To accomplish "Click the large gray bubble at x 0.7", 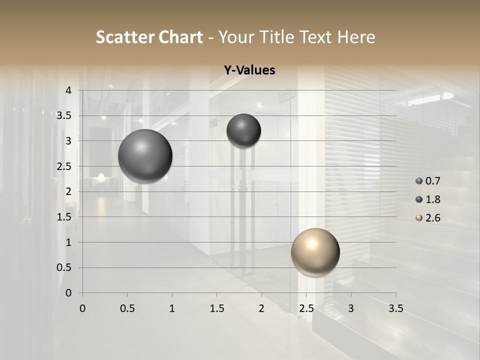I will pos(145,156).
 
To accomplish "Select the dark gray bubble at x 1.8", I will pos(243,130).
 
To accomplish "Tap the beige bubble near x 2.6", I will pos(315,252).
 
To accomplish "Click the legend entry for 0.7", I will pos(428,181).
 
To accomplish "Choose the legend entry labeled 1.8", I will pos(428,199).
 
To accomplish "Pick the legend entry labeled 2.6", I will pos(428,218).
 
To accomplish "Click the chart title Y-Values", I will pos(249,70).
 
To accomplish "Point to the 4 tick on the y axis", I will pos(68,90).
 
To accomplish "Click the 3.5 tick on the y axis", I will pos(64,115).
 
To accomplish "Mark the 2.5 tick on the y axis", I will pos(64,166).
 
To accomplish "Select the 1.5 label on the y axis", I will pos(64,217).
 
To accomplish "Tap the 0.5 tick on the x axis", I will pos(127,308).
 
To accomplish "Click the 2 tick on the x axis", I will pos(261,308).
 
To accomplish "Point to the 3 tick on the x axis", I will pos(351,308).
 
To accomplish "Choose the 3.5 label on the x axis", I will pos(395,308).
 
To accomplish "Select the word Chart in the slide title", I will pos(180,37).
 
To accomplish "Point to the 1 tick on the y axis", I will pos(68,242).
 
